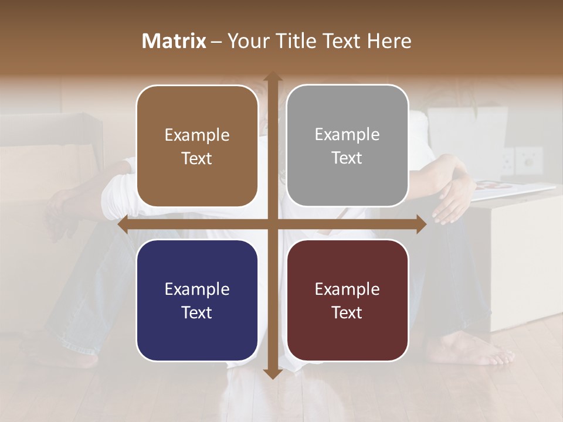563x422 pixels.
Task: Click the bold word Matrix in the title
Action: click(x=174, y=41)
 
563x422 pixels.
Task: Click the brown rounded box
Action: click(x=197, y=147)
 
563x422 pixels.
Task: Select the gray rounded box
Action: click(x=347, y=146)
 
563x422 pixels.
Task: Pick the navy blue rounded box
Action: click(x=197, y=300)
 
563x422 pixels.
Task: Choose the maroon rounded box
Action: click(x=347, y=300)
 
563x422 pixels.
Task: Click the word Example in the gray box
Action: click(x=347, y=135)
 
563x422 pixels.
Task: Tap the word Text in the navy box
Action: click(x=197, y=312)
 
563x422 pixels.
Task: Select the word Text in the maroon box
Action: click(x=347, y=312)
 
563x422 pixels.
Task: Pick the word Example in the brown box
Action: click(x=197, y=135)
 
